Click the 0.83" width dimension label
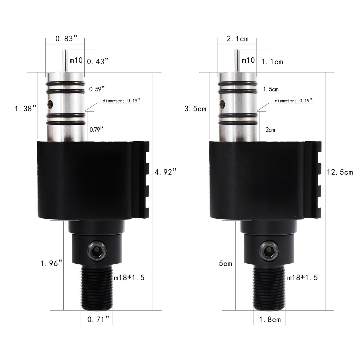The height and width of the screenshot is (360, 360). click(66, 39)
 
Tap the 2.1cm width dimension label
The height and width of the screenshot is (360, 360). click(238, 39)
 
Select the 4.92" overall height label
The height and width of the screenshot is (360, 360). click(165, 172)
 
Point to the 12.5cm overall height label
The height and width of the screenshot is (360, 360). click(339, 172)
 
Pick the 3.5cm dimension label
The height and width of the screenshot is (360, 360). click(195, 109)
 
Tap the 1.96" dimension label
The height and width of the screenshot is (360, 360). click(52, 263)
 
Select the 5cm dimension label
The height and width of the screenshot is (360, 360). click(225, 263)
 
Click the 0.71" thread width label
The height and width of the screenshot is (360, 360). click(98, 319)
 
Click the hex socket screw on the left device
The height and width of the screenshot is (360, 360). click(97, 251)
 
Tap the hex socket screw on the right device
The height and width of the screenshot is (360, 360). click(269, 251)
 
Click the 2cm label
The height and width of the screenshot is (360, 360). click(270, 130)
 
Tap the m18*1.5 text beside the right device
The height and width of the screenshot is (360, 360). click(302, 277)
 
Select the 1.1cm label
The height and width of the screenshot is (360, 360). click(272, 62)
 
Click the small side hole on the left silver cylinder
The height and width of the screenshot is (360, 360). click(51, 104)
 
